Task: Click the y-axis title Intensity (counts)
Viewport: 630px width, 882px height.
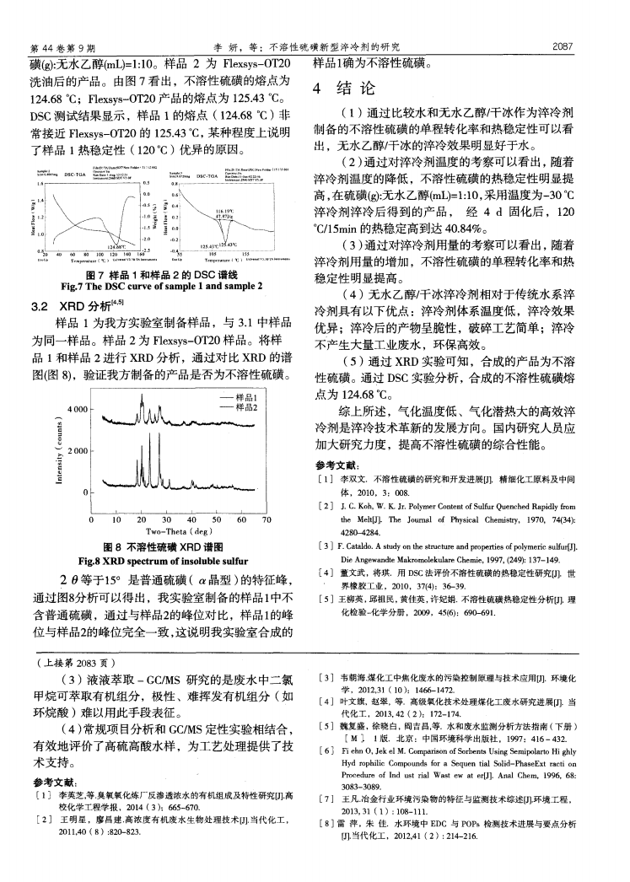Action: pyautogui.click(x=57, y=452)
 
